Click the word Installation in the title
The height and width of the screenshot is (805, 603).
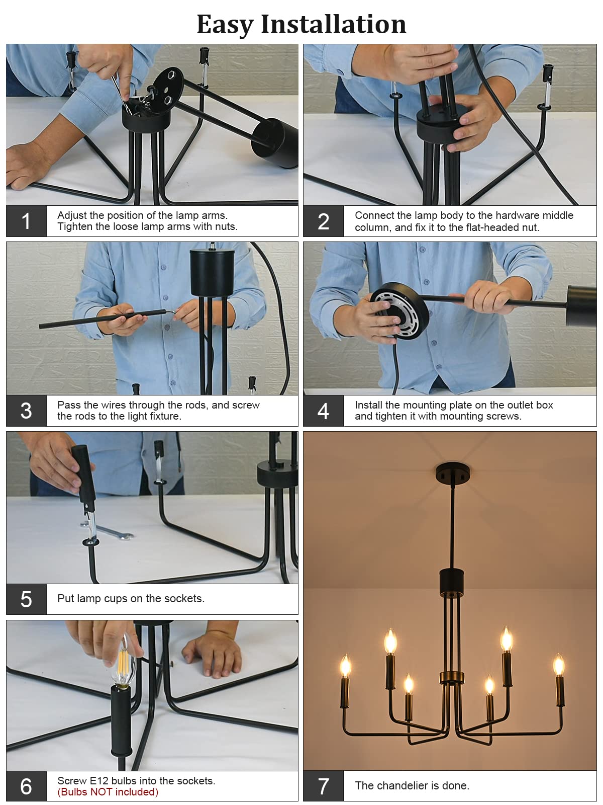click(333, 24)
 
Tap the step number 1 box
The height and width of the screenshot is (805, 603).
click(26, 221)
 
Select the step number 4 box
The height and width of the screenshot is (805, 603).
click(323, 411)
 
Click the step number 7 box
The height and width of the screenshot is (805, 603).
click(323, 785)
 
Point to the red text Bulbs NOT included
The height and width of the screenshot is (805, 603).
click(108, 792)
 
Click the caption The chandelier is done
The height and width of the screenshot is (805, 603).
click(412, 785)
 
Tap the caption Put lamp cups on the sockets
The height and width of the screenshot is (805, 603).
click(131, 598)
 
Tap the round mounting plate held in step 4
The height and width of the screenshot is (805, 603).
click(400, 310)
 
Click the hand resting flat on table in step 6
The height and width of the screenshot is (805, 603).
click(213, 655)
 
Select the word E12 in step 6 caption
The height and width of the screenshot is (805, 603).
click(99, 780)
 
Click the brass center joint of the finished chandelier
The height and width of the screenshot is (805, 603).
click(452, 677)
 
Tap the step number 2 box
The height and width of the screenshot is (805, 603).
click(323, 221)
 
